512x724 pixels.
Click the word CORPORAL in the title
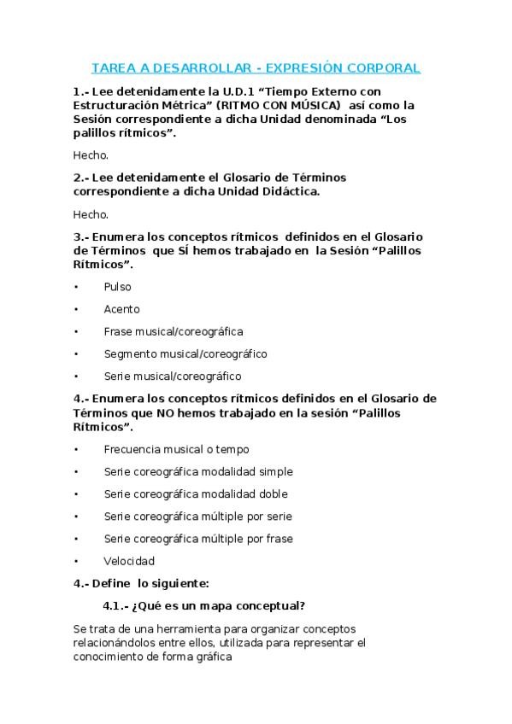coord(385,67)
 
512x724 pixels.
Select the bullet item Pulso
coord(117,287)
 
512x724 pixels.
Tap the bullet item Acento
coord(121,309)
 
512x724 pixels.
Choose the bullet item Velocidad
coord(129,561)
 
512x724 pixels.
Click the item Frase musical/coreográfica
coord(173,331)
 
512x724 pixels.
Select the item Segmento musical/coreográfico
coord(185,353)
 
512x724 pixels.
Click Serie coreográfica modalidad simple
coord(198,471)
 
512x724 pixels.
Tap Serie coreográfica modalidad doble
coord(196,493)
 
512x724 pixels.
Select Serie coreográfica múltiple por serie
coord(197,517)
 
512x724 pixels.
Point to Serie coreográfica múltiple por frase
coord(198,539)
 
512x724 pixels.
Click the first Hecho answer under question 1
coord(91,155)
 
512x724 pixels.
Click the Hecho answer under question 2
coord(91,214)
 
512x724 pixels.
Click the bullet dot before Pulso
coord(76,287)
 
